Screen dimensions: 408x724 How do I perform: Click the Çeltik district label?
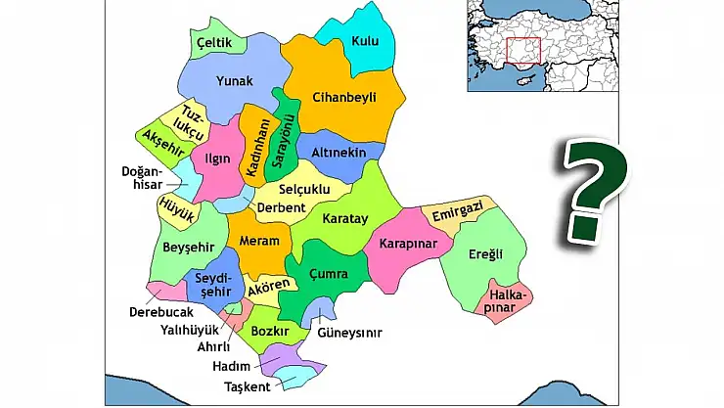pos(213,43)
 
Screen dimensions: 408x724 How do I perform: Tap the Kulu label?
pos(366,41)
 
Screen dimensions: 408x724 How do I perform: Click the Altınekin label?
pos(339,155)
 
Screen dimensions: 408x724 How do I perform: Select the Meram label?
pos(259,241)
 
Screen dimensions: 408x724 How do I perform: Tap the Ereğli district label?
pos(485,254)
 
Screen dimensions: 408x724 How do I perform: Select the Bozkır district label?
pos(270,333)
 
